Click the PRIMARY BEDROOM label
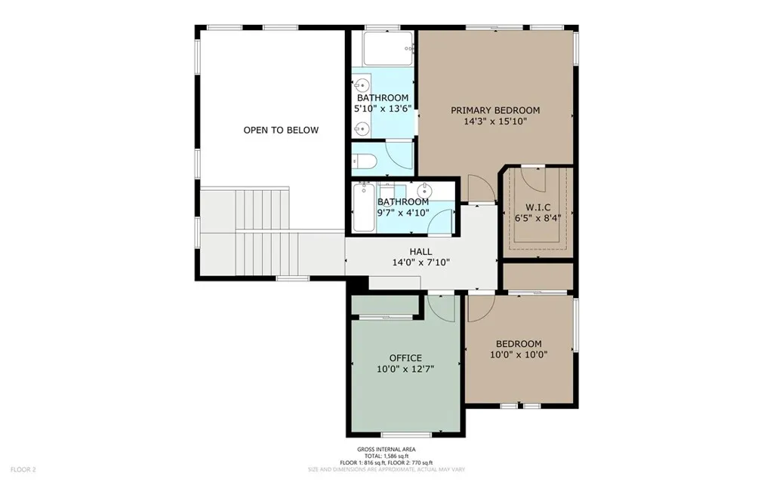tap(495, 110)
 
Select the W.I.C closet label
tap(537, 207)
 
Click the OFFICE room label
tap(405, 358)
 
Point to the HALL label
tap(420, 252)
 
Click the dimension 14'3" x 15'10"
tap(495, 121)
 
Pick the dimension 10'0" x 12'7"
tap(405, 369)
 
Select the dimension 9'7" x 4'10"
tap(403, 213)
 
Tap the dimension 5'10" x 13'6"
tap(383, 109)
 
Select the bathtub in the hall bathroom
tap(364, 209)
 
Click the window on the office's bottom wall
tap(406, 434)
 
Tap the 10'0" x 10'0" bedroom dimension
tap(519, 354)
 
